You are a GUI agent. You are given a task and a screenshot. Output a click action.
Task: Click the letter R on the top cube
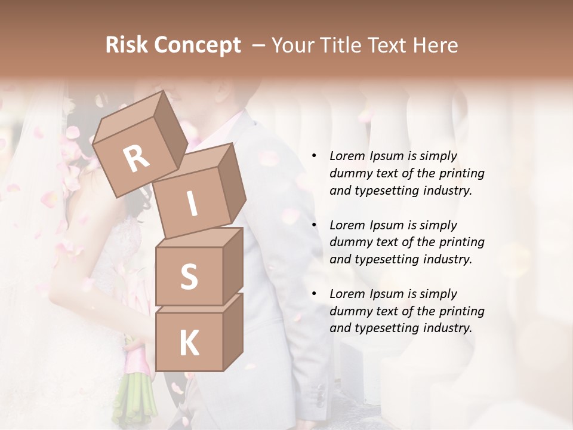pos(136,159)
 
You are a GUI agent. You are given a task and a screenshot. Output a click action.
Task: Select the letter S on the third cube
pos(189,277)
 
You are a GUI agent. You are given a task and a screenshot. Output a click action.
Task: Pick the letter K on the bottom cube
pos(189,343)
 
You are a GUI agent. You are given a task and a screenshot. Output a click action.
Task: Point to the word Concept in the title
pos(197,46)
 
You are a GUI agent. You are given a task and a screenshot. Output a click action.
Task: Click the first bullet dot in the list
pos(314,156)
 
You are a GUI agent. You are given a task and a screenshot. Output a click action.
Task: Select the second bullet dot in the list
pos(314,226)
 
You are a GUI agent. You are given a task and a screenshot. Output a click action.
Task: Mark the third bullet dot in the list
pos(314,294)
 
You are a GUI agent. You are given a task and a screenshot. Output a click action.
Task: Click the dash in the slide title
pos(258,46)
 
